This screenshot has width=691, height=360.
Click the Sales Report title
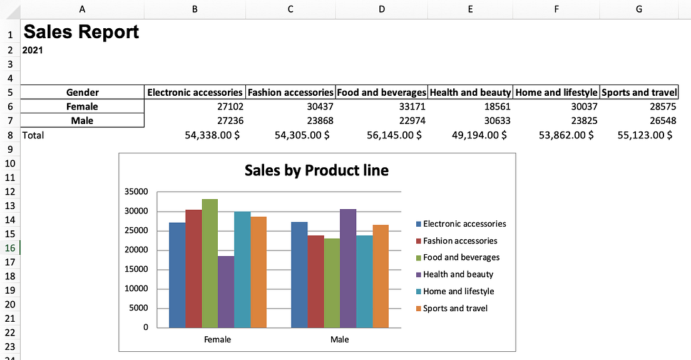click(81, 32)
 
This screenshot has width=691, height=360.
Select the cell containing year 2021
click(33, 50)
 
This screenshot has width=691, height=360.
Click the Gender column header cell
click(82, 92)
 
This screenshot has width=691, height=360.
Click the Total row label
click(33, 135)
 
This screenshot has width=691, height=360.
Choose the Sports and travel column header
click(638, 92)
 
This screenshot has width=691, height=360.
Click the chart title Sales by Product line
click(316, 170)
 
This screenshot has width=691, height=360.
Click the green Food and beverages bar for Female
click(210, 263)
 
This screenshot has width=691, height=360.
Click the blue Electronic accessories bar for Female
click(177, 275)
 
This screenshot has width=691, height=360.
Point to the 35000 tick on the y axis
click(137, 192)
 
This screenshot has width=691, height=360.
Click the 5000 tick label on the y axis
click(139, 308)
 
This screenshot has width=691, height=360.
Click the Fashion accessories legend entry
click(459, 240)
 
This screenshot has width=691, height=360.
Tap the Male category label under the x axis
click(340, 339)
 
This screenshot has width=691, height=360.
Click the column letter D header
click(382, 9)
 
